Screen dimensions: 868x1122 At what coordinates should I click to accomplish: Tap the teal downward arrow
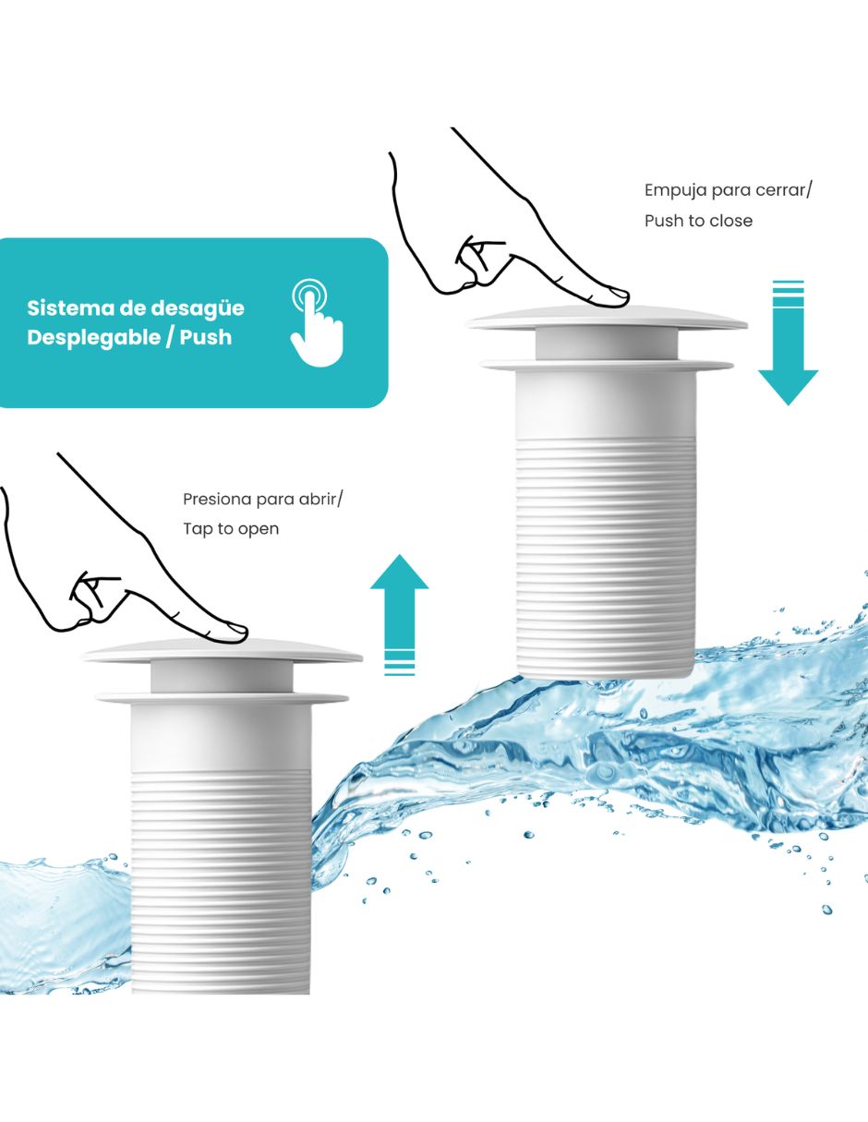click(x=788, y=343)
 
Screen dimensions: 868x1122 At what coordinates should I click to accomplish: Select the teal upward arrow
click(x=400, y=614)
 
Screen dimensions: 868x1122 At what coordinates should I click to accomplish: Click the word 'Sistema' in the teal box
click(x=70, y=308)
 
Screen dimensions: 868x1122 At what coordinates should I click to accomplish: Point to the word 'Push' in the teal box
click(x=206, y=337)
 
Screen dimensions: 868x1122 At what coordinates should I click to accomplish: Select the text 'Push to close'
click(x=698, y=221)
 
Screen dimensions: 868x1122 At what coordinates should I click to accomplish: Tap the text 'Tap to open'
click(x=231, y=529)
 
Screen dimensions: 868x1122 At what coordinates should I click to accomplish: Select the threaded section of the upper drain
click(x=606, y=557)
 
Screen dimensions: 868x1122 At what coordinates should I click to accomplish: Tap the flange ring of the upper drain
click(x=607, y=365)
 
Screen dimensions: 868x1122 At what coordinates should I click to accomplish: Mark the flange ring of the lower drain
click(x=223, y=699)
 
